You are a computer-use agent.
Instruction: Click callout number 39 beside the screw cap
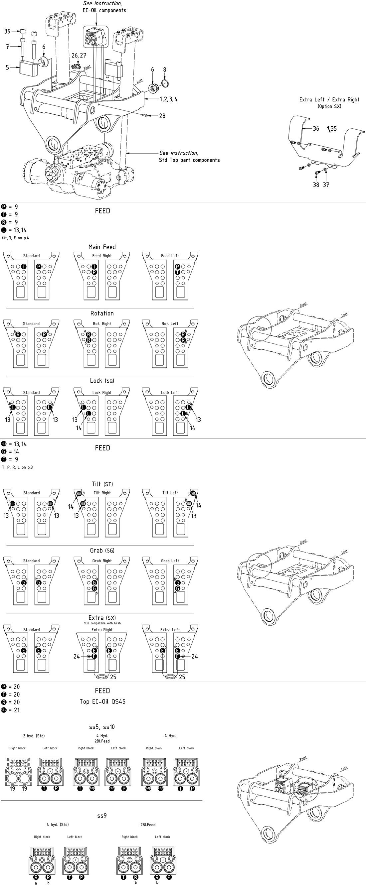7,31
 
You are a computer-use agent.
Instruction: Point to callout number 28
162,116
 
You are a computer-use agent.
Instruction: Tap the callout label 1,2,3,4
169,99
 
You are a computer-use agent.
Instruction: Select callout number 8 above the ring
164,70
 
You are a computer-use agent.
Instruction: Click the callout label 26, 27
79,55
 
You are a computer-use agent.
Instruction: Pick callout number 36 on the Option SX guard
316,128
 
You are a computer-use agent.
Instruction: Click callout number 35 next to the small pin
334,128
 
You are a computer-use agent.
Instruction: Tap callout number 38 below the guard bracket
316,185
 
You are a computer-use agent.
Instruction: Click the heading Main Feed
102,247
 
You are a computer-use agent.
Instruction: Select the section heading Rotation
102,313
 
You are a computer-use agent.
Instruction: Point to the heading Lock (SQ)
102,381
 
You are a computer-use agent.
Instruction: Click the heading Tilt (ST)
102,484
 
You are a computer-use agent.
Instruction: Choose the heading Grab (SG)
102,550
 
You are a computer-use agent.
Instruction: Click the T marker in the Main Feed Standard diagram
23,267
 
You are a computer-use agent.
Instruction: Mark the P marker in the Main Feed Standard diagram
39,267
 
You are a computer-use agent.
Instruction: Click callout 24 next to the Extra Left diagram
195,656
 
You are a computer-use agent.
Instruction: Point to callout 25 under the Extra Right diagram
113,677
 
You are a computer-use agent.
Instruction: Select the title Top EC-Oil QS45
102,701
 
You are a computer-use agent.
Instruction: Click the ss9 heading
102,816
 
